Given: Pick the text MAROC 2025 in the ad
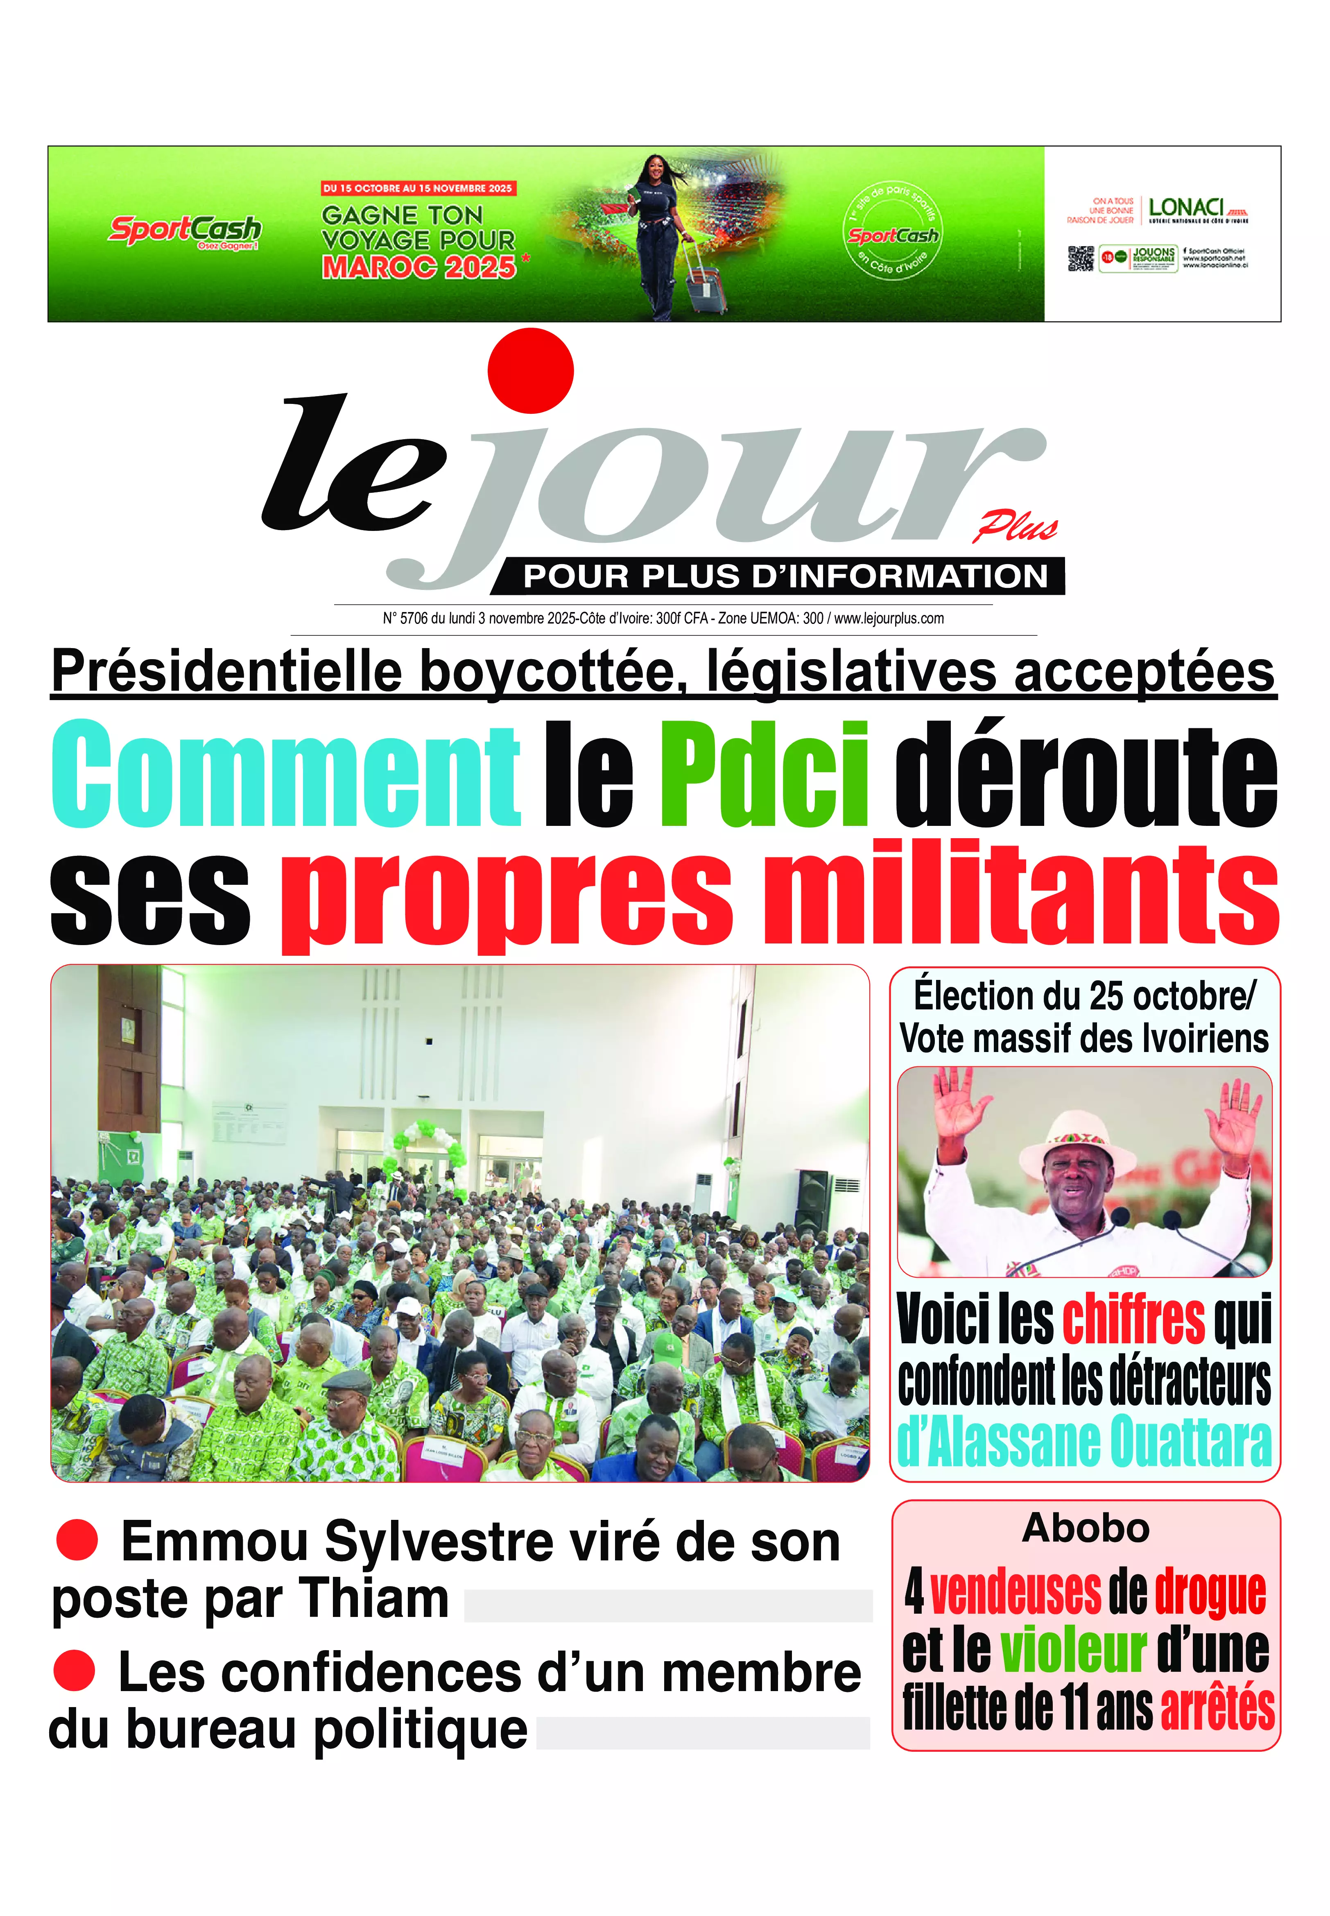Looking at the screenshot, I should [419, 267].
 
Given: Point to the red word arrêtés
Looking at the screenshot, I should [1217, 1707].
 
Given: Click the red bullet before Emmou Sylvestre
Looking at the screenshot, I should [77, 1539].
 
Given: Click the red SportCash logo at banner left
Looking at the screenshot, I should [185, 229].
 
